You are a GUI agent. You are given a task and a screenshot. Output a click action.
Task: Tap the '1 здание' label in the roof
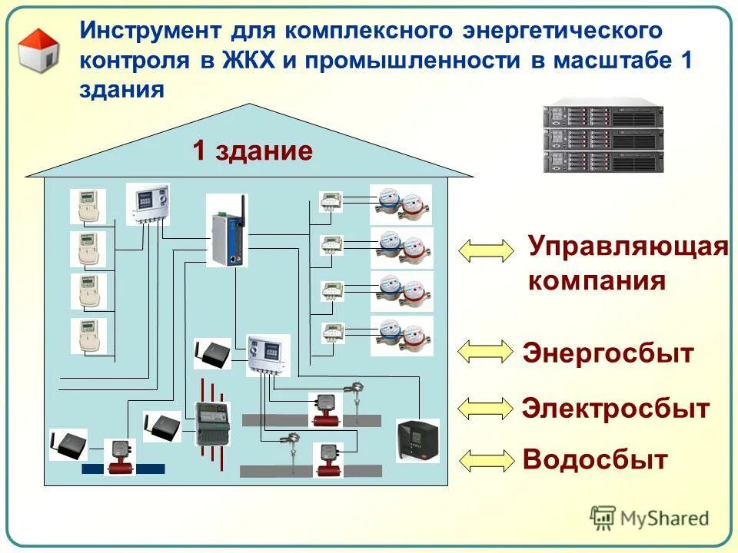(252, 151)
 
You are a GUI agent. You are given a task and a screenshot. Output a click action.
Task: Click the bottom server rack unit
(603, 161)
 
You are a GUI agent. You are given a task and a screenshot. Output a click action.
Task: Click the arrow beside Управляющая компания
(486, 250)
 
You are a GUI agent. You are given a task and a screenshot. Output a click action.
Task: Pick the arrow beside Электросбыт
(486, 408)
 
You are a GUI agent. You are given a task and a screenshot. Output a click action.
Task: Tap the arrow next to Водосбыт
(486, 459)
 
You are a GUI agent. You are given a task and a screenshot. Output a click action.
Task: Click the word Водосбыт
(594, 460)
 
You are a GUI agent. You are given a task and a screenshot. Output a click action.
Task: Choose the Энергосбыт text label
(608, 353)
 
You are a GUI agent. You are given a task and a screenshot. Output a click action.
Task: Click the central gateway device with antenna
(227, 230)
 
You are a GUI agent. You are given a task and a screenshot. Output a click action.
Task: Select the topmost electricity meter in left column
(88, 207)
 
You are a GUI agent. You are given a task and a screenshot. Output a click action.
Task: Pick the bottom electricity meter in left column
(88, 336)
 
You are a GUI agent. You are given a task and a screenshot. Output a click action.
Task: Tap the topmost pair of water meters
(401, 204)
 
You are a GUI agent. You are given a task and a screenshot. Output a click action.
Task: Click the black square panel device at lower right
(417, 440)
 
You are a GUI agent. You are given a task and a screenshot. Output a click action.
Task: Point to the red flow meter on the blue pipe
(119, 458)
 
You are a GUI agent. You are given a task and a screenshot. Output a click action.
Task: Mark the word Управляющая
(627, 248)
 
